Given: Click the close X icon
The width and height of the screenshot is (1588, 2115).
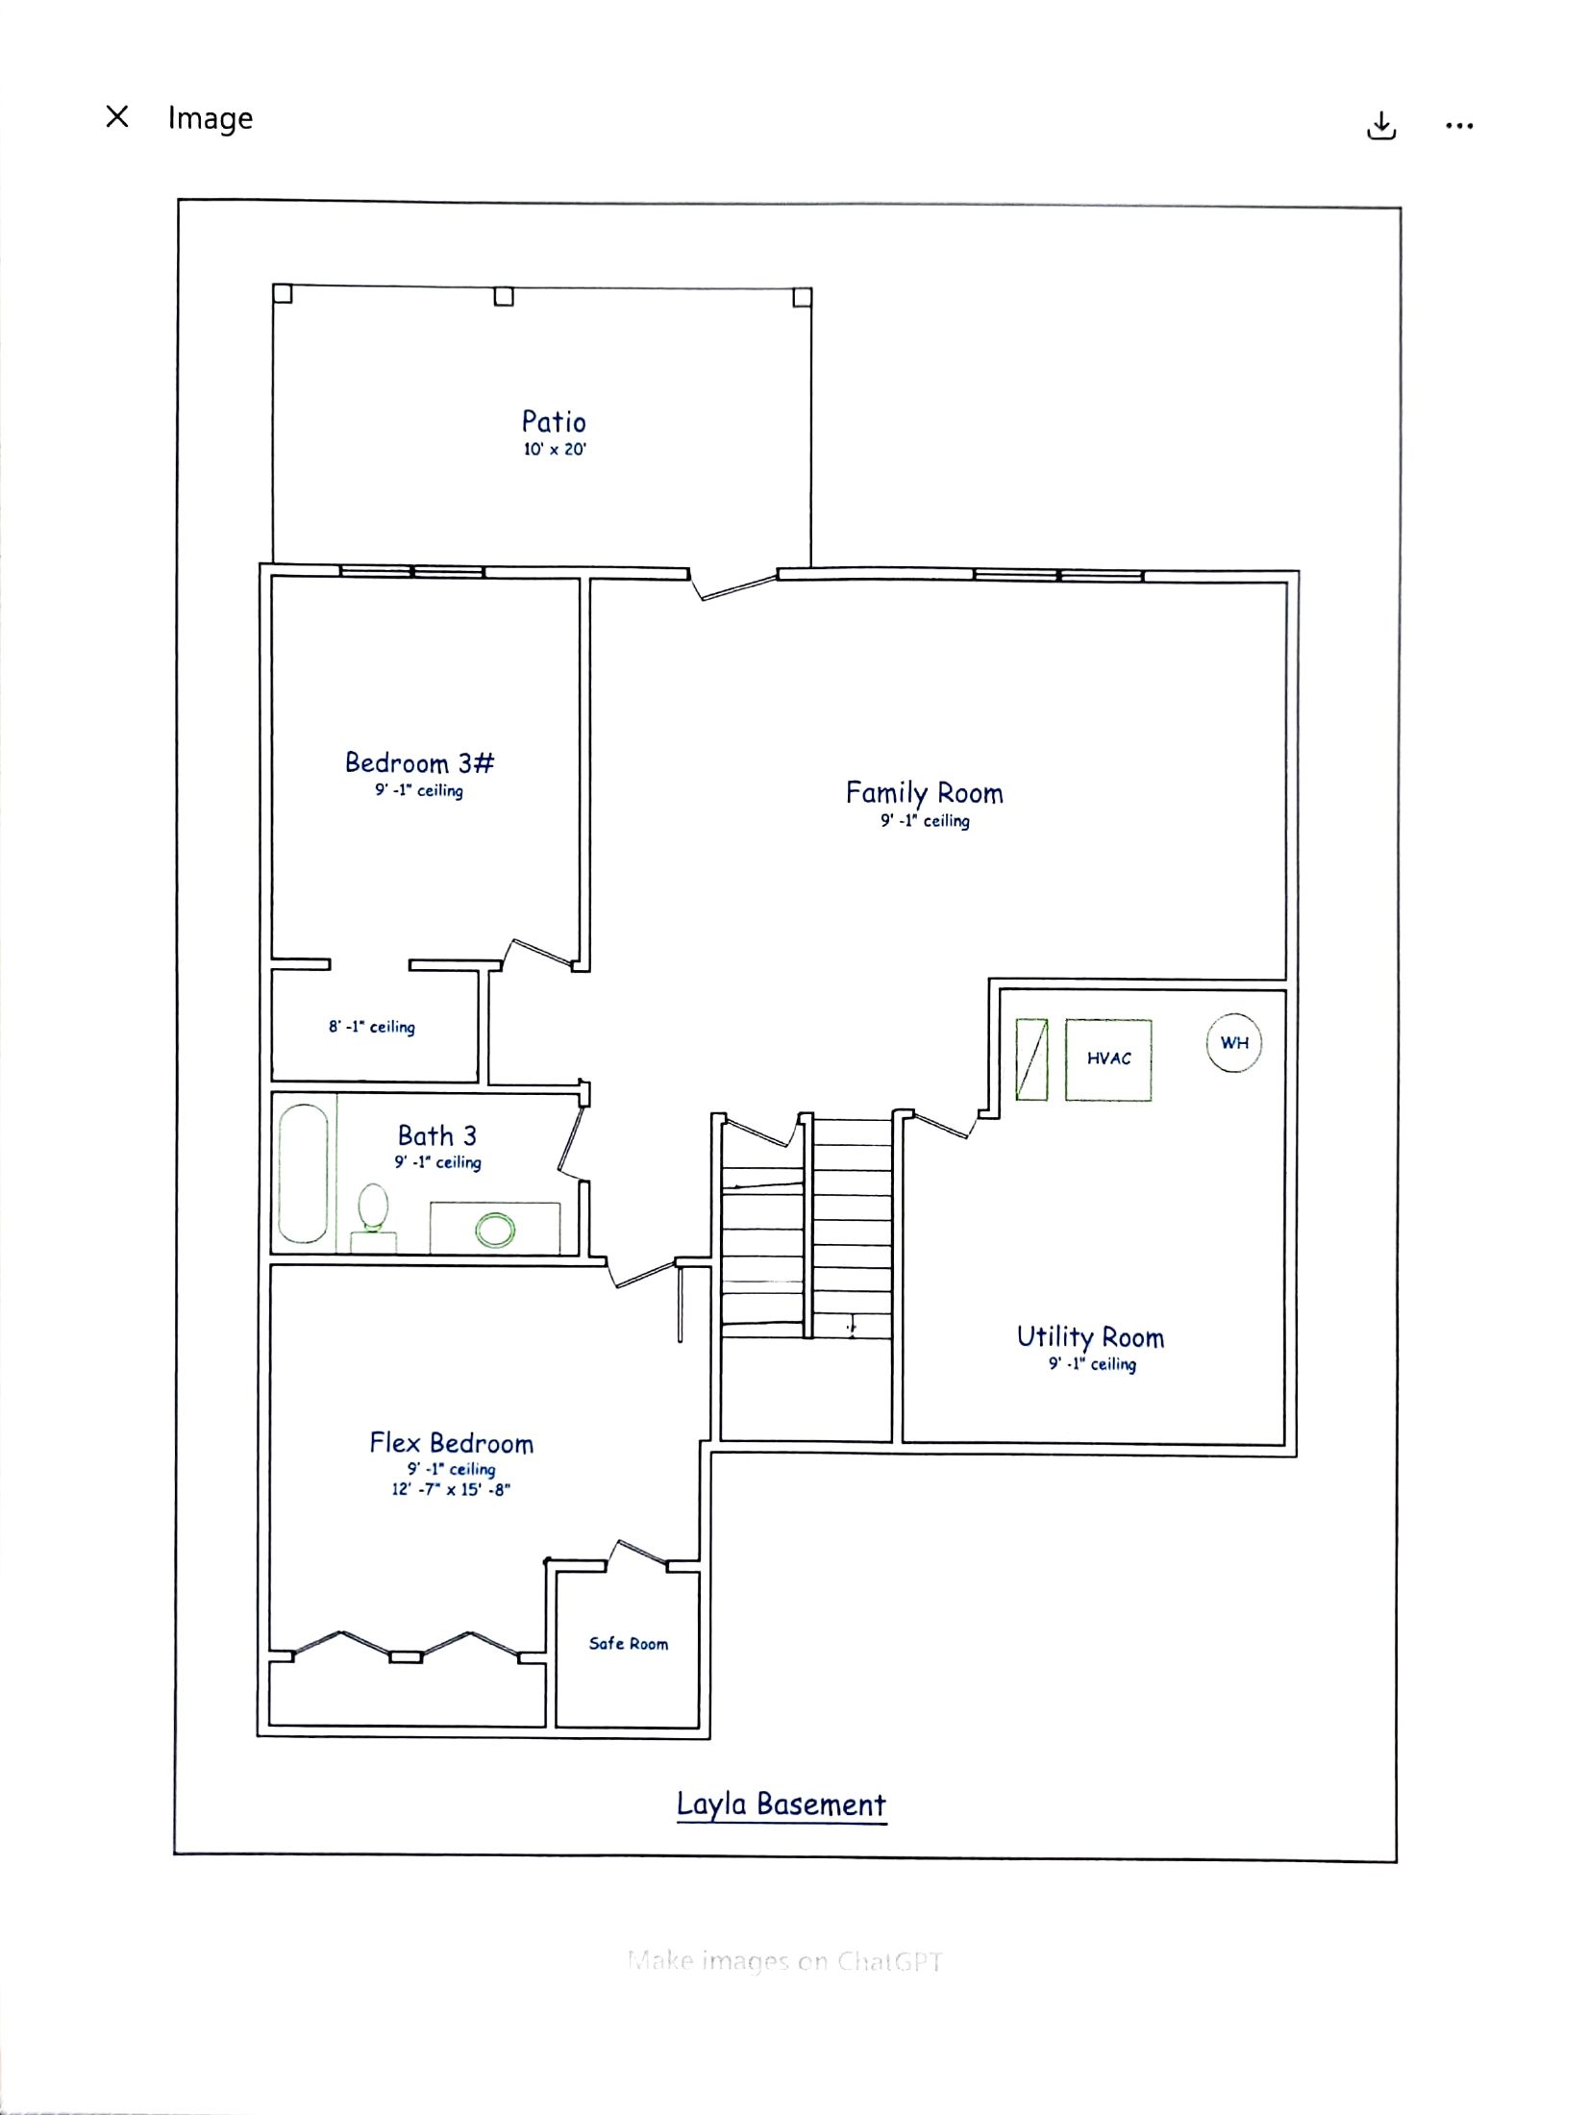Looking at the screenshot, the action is tap(117, 116).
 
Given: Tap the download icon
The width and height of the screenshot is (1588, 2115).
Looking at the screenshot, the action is tap(1381, 126).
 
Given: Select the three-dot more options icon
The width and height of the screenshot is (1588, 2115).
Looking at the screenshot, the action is tap(1459, 125).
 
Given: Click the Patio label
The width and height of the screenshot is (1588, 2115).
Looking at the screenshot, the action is tap(554, 421).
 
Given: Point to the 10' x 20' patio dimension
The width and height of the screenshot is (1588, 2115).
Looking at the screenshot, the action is tap(555, 449).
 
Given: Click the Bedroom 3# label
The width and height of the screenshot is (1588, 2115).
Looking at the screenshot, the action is tap(419, 763).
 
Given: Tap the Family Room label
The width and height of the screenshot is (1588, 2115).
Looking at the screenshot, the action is tap(925, 794).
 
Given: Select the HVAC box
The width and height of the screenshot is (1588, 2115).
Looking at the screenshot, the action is tap(1108, 1059).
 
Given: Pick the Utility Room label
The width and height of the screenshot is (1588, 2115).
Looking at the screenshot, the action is tap(1091, 1337).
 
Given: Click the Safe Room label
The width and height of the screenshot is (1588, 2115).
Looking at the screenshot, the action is tap(629, 1644).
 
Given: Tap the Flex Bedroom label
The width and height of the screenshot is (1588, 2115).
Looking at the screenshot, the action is tap(451, 1443).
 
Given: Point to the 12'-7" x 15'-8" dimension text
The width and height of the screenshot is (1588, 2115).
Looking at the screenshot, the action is tap(451, 1489).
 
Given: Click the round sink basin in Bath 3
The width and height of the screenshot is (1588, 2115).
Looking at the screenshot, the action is tap(495, 1230).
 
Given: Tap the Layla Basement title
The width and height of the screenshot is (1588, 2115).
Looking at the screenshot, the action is tap(782, 1804).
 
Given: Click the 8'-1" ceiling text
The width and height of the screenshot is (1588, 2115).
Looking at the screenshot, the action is tap(372, 1027).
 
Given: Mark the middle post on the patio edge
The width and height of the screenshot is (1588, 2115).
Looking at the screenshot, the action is tap(504, 296).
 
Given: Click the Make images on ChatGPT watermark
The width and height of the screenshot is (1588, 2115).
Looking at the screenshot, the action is tap(784, 1961).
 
